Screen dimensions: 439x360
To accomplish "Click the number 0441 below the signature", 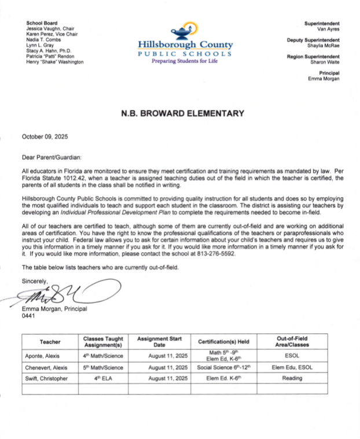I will tap(29, 316).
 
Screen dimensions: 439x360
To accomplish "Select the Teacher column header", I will tap(50, 342).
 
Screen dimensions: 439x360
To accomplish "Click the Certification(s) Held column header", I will tap(223, 342).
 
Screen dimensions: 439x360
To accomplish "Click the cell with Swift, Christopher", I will tap(46, 378).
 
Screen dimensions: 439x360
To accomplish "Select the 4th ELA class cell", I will tap(104, 378).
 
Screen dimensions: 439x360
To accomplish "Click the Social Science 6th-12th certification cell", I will tap(223, 367).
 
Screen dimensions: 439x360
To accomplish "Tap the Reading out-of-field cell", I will tap(292, 378).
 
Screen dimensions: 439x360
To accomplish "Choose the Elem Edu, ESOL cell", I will tap(292, 367).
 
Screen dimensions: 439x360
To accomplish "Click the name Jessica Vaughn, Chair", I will tap(50, 28).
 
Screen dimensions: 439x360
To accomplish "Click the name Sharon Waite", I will tap(325, 61).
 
